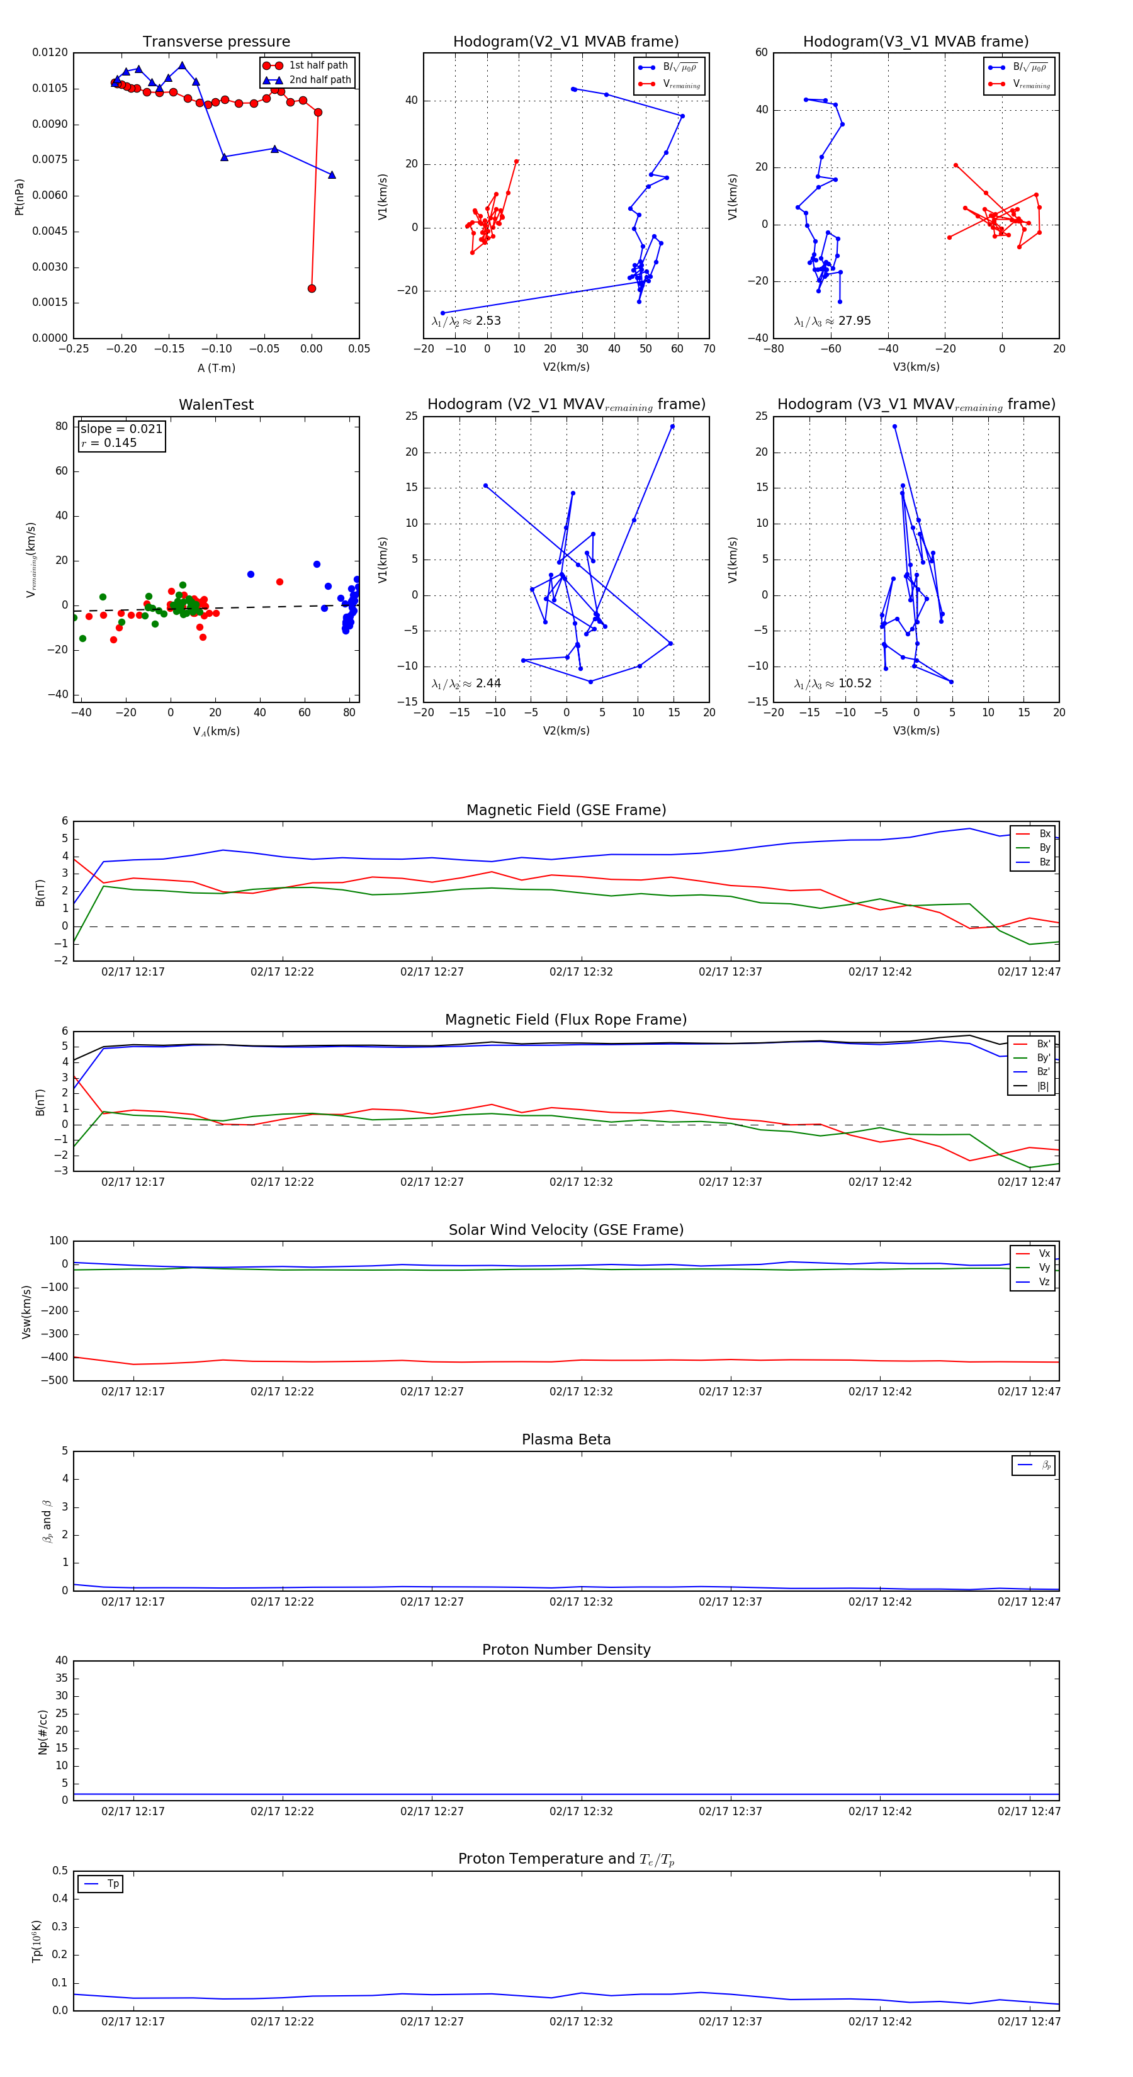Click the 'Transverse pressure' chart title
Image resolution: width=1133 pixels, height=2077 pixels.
(216, 42)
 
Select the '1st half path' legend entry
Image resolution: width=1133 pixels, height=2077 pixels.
(318, 65)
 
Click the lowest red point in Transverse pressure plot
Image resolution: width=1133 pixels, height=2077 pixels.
(312, 289)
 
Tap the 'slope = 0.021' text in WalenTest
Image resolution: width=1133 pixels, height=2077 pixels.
(121, 429)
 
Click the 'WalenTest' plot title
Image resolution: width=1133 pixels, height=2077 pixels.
(216, 405)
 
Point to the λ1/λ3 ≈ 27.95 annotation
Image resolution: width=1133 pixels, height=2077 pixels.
(832, 321)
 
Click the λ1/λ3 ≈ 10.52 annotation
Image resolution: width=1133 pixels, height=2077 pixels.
(832, 684)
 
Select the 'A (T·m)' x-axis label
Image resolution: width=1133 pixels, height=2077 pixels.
(216, 368)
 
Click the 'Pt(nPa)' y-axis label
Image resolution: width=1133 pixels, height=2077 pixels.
(20, 197)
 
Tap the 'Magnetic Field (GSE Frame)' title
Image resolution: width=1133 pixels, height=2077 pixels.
(566, 810)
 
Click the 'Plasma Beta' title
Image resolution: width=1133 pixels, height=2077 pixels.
(566, 1440)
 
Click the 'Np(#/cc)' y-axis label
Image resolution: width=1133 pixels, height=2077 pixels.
(43, 1732)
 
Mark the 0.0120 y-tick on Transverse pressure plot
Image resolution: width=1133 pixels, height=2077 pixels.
(50, 52)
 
